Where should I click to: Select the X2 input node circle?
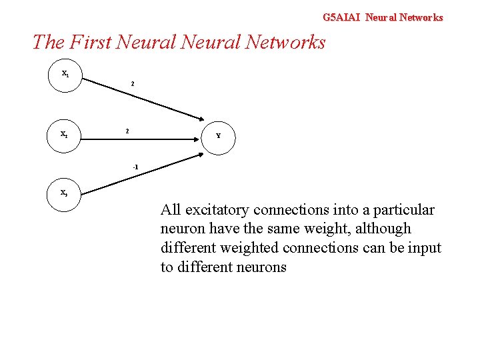coord(65,134)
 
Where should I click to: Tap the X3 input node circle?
coord(65,193)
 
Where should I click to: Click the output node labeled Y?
coord(218,135)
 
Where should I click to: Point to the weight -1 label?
coord(135,166)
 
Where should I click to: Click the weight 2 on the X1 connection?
coord(133,84)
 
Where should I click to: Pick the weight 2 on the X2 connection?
coord(128,131)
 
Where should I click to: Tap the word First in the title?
coord(89,43)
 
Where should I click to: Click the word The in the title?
coord(47,43)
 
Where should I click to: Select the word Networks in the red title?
coord(285,43)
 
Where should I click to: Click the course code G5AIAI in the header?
coord(341,17)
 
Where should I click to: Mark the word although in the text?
coord(387,229)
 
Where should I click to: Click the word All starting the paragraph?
coord(171,210)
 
